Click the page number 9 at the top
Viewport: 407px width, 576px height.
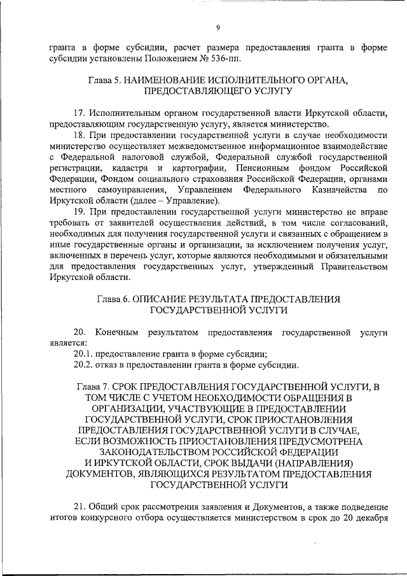click(x=217, y=27)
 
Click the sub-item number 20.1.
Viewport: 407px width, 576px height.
click(x=83, y=355)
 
